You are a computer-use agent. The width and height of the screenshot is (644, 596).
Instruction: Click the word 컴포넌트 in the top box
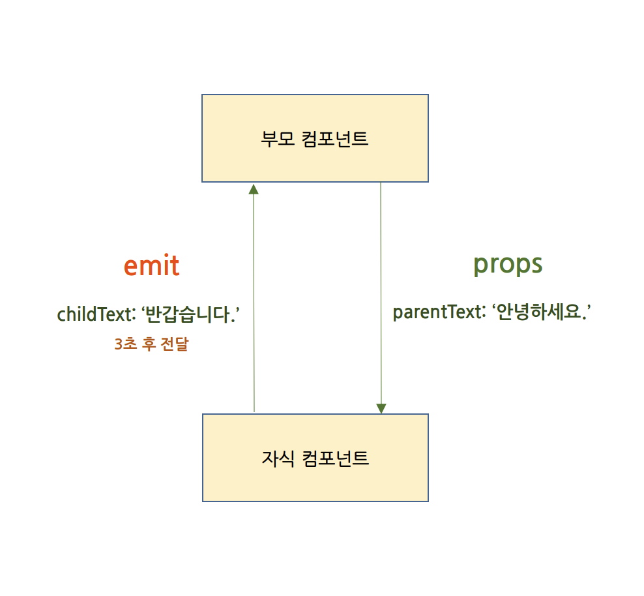click(336, 139)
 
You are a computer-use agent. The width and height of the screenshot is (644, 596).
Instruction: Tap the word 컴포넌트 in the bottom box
click(336, 458)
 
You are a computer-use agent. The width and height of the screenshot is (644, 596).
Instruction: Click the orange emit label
click(151, 265)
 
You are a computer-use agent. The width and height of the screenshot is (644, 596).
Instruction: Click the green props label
click(507, 264)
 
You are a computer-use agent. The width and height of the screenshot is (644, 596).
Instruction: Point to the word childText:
click(95, 314)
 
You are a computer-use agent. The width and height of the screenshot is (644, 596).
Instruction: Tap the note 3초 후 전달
click(151, 345)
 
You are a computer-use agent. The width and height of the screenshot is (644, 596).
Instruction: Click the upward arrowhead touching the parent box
click(254, 188)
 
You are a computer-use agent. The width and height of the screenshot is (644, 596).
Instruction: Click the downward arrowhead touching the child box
click(381, 408)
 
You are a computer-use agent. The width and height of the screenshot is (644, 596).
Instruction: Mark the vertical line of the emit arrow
click(254, 300)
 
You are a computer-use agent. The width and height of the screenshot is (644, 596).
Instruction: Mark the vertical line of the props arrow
click(381, 293)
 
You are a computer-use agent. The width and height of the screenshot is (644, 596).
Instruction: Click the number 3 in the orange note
click(118, 345)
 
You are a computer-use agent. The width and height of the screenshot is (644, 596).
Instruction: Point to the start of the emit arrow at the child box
click(254, 411)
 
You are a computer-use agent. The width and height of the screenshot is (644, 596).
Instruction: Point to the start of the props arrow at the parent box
click(381, 184)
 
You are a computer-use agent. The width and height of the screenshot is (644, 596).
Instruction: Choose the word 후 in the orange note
click(149, 345)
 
